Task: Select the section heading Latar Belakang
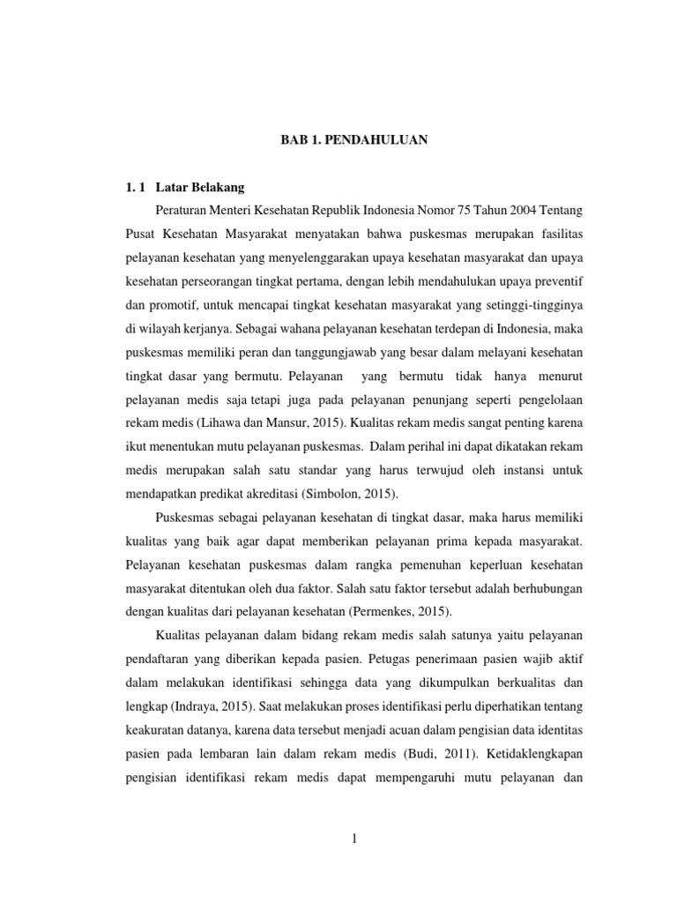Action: [200, 187]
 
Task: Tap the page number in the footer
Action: [353, 839]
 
